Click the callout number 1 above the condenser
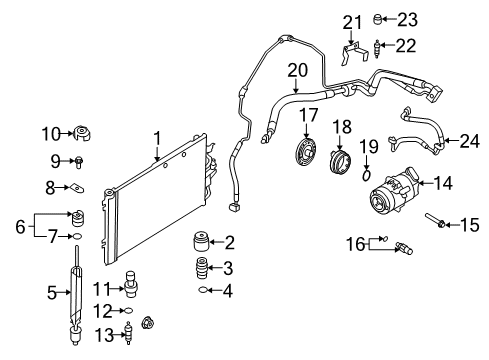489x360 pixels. (x=157, y=137)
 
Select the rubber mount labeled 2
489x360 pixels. (x=199, y=244)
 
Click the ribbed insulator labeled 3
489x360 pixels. (x=199, y=270)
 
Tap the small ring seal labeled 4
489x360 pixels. (x=203, y=291)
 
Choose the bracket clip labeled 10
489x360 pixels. (x=81, y=133)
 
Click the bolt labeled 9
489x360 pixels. (x=79, y=160)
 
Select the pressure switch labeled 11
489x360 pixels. (x=128, y=284)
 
